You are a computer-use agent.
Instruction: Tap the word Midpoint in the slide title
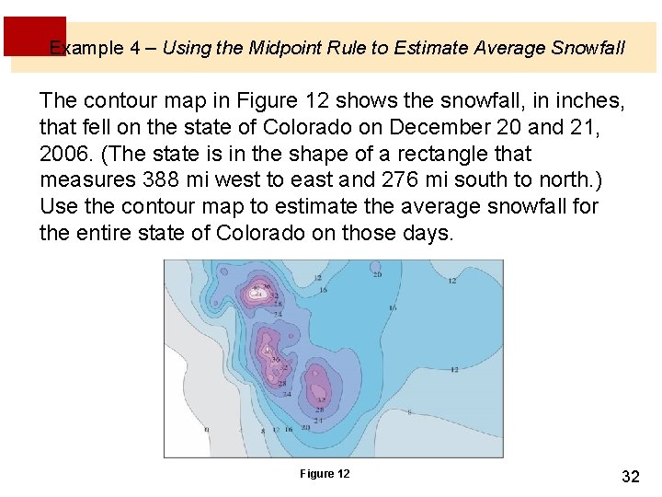(284, 48)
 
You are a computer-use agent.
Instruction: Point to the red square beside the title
(34, 36)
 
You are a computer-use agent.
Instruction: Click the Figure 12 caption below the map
(325, 474)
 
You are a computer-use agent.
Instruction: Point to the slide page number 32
(631, 476)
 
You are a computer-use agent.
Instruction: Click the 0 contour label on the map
(206, 429)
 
